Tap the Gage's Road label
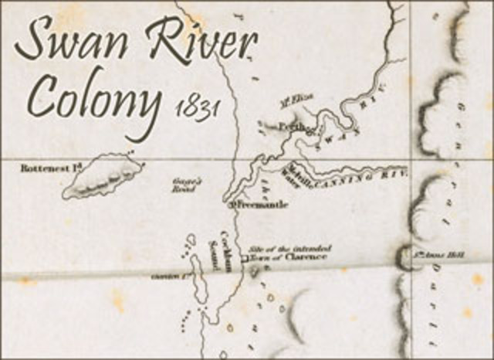tap(186, 185)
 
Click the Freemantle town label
tap(251, 205)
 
